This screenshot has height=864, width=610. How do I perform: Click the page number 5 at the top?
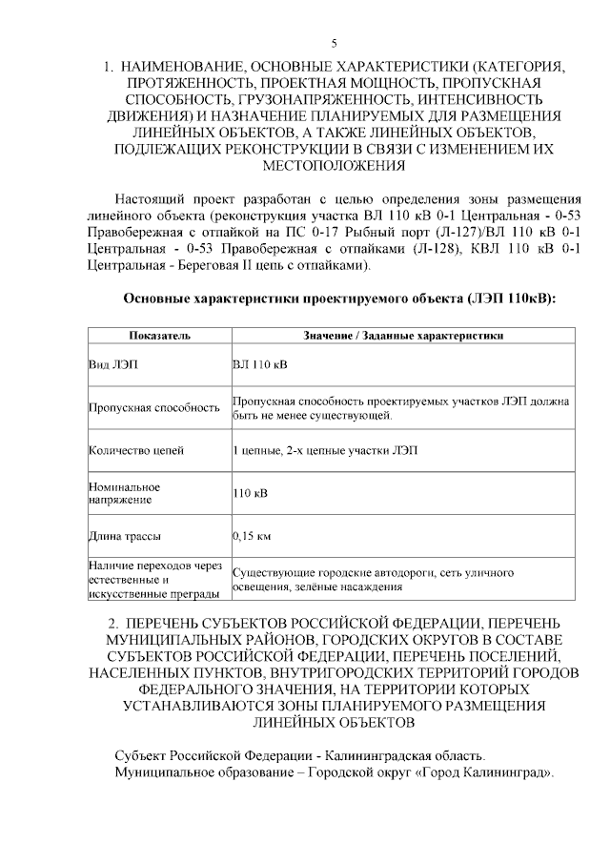pos(334,43)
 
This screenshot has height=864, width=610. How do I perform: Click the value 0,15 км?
pos(252,536)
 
